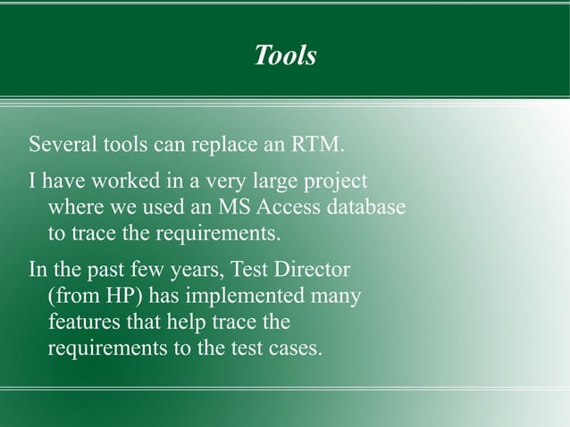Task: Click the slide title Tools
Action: (285, 56)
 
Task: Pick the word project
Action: (337, 183)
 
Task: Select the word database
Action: (371, 208)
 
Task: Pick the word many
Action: (337, 297)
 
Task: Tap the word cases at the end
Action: (296, 348)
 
